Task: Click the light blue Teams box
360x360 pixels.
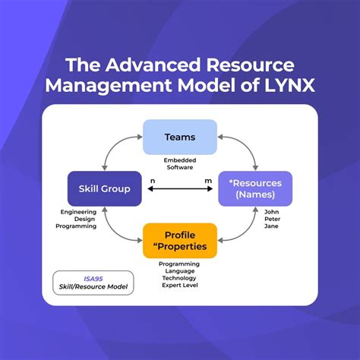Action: (179, 137)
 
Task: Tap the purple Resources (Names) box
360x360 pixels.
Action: (255, 188)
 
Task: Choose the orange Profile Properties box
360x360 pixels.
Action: (179, 240)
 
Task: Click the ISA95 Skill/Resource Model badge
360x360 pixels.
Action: (93, 283)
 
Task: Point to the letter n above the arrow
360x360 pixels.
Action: (153, 181)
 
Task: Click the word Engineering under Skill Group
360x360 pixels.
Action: (79, 213)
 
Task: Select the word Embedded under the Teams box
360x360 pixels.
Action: (179, 161)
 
